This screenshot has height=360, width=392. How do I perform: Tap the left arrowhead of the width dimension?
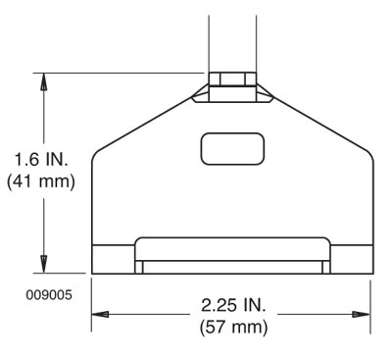point(99,315)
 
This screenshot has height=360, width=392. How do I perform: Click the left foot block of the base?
point(112,260)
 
